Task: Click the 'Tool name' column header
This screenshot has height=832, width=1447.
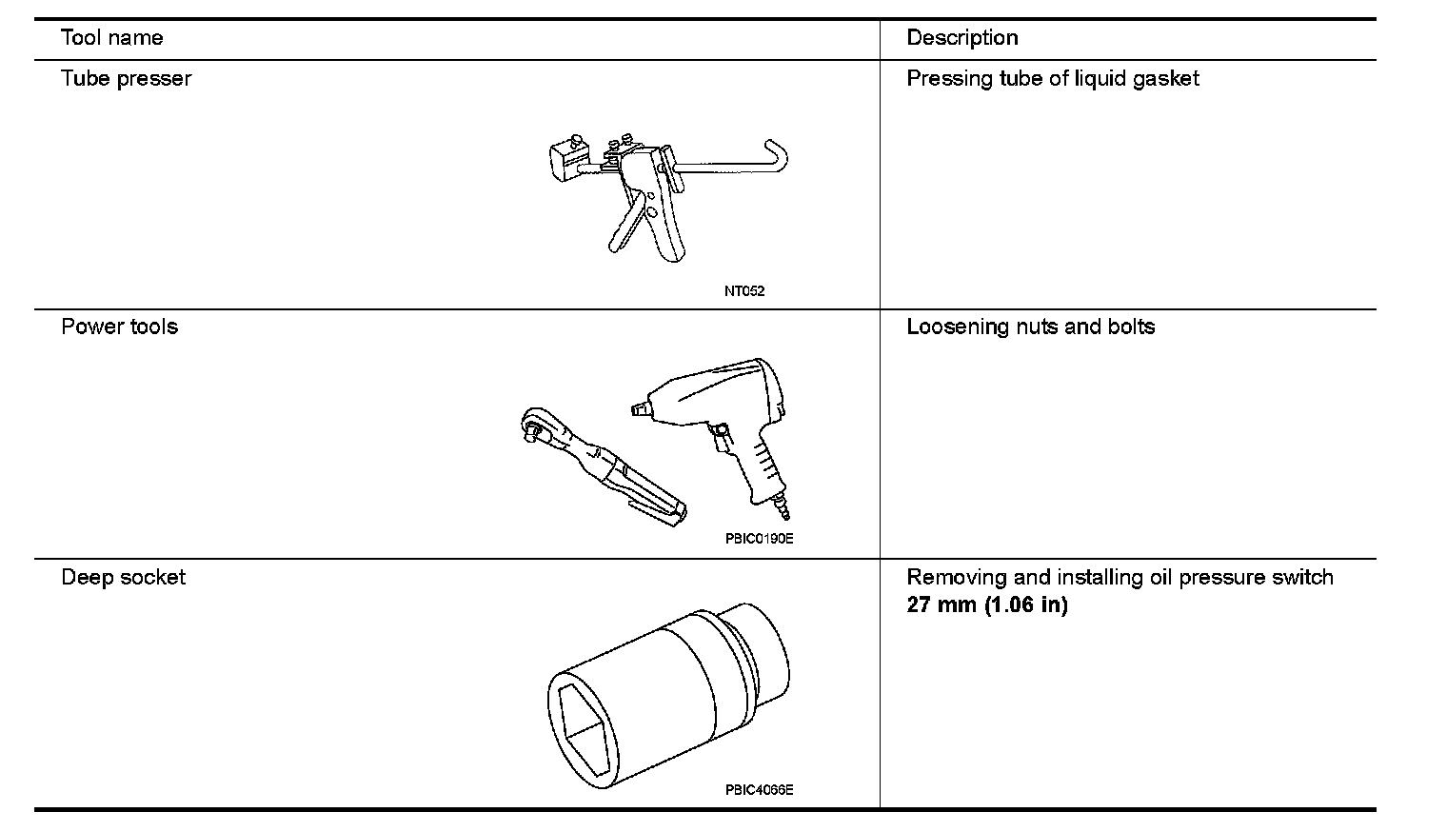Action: [x=111, y=38]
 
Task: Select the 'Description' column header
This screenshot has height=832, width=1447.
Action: [x=961, y=38]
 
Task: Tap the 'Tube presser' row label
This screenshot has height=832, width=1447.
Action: [x=126, y=78]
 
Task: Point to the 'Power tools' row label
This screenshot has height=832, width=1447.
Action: [x=119, y=327]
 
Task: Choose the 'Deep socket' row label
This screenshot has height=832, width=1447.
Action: [x=123, y=577]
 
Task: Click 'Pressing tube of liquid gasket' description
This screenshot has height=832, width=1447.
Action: [x=1052, y=78]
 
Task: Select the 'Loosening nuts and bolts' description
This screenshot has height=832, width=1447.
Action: [x=1030, y=327]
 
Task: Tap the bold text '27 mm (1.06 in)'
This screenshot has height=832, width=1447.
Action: [x=986, y=604]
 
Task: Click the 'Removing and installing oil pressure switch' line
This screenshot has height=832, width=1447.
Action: [x=1120, y=577]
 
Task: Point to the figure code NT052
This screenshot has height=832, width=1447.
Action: [x=743, y=291]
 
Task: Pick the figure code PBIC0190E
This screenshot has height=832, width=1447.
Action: [x=759, y=539]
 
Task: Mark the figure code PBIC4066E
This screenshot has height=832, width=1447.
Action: [x=759, y=789]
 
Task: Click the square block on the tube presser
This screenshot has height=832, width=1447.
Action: [x=569, y=158]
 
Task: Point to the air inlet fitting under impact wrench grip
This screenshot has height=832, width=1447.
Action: [x=783, y=509]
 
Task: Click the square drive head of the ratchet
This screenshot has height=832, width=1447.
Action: [x=534, y=428]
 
